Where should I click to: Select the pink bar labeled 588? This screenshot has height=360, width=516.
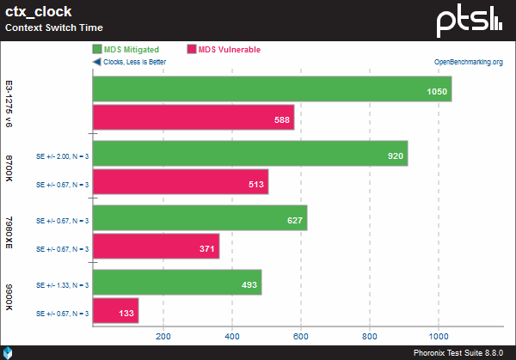(193, 118)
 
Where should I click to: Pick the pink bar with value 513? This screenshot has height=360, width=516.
(180, 182)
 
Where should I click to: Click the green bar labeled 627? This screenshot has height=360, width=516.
(199, 218)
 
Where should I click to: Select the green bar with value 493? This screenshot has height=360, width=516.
(176, 283)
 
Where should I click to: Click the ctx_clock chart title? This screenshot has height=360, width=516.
(40, 12)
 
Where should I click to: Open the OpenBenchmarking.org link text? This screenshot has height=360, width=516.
(467, 62)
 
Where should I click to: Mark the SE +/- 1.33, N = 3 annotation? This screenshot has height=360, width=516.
(61, 284)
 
